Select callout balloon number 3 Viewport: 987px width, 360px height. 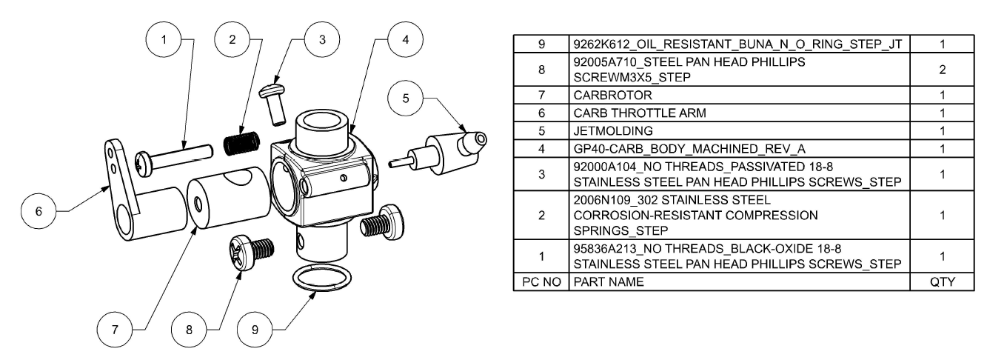click(320, 39)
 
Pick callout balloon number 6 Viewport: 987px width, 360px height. click(39, 210)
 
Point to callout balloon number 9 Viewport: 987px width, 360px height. click(255, 329)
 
